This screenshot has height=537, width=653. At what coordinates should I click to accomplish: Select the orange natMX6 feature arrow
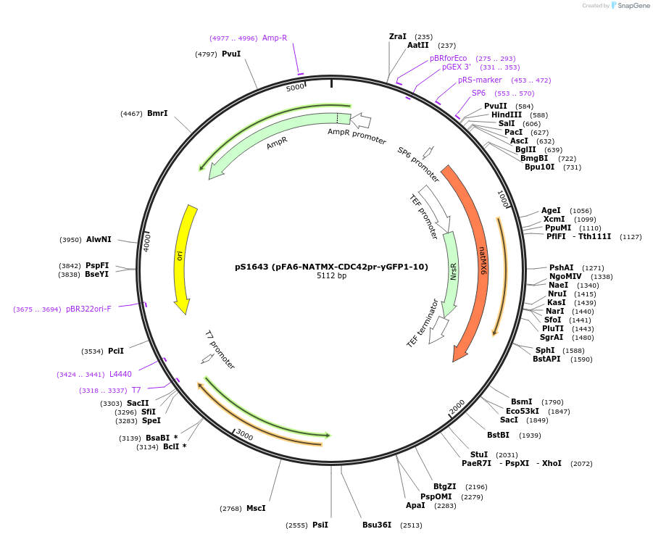pyautogui.click(x=475, y=261)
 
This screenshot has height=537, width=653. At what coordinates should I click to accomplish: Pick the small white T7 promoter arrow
pyautogui.click(x=207, y=359)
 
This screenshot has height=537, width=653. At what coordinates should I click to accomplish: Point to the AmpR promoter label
pyautogui.click(x=357, y=136)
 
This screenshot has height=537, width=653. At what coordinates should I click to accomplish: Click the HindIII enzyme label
pyautogui.click(x=507, y=115)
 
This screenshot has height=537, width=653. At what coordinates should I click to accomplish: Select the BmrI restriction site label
pyautogui.click(x=157, y=113)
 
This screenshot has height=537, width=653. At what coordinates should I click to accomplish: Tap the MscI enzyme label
pyautogui.click(x=256, y=508)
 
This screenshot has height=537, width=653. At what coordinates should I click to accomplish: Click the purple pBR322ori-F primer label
pyautogui.click(x=88, y=309)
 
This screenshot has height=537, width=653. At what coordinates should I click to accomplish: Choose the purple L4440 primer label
pyautogui.click(x=120, y=374)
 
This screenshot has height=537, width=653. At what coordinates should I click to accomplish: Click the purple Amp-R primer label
pyautogui.click(x=275, y=38)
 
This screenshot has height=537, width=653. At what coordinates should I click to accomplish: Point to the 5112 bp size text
pyautogui.click(x=331, y=275)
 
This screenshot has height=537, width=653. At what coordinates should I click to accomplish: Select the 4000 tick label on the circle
pyautogui.click(x=147, y=241)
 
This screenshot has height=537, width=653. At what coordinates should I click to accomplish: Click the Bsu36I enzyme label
pyautogui.click(x=377, y=525)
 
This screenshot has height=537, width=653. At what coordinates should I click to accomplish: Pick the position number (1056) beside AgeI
pyautogui.click(x=581, y=211)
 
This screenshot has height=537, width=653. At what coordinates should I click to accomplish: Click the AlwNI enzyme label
pyautogui.click(x=99, y=239)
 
